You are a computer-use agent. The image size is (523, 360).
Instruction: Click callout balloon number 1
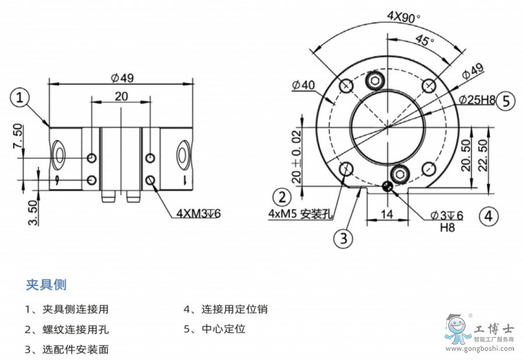click(21, 98)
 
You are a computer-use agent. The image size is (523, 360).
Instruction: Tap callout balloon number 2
click(282, 195)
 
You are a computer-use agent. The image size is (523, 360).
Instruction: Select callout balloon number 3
click(343, 237)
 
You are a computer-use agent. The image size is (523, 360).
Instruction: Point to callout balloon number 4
click(489, 216)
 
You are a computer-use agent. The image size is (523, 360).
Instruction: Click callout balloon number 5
click(506, 101)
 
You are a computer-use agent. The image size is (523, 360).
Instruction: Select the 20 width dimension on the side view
click(121, 97)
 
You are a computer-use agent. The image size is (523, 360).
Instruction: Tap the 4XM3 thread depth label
click(198, 214)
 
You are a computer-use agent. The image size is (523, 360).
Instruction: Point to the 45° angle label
click(425, 41)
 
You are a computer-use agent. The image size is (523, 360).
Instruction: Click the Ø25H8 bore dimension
click(476, 100)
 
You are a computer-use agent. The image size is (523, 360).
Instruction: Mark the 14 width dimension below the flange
click(387, 214)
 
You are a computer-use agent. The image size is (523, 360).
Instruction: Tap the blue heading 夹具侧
click(46, 284)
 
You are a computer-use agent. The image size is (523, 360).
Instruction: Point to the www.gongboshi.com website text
click(479, 349)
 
